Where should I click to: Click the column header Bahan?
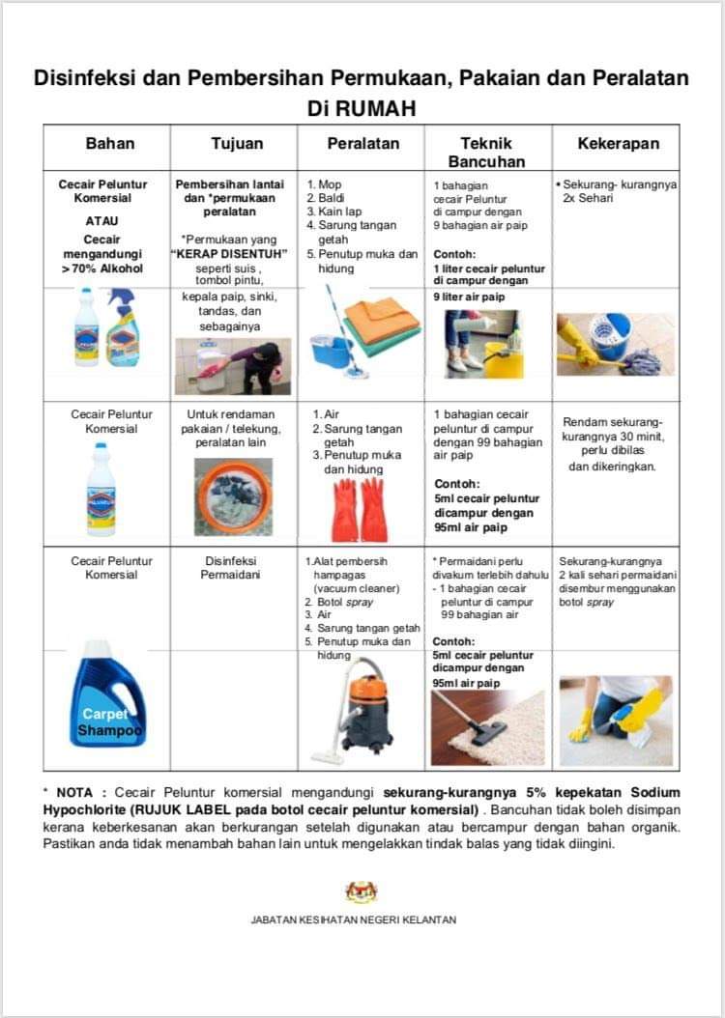(x=109, y=144)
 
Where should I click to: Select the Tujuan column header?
(x=236, y=144)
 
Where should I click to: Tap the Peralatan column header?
(x=362, y=144)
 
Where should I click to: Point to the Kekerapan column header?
(x=618, y=144)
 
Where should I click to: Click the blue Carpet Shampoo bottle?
(x=107, y=693)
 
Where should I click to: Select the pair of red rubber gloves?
(x=359, y=510)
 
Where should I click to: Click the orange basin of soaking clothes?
(x=234, y=495)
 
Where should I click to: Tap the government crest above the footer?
(x=362, y=891)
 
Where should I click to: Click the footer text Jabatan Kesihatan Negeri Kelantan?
(x=354, y=919)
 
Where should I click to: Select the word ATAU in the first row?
(x=101, y=220)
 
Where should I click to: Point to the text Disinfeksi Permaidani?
(x=233, y=567)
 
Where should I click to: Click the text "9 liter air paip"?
(x=469, y=297)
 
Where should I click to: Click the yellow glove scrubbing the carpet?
(x=641, y=711)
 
